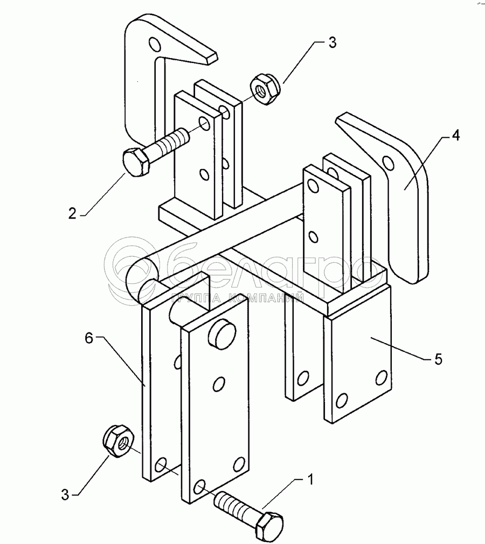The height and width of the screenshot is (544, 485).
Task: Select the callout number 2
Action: click(73, 213)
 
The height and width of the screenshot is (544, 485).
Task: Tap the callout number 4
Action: click(455, 136)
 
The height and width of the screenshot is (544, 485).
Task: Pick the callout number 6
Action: click(89, 338)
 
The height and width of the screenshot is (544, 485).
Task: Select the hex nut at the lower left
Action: click(118, 440)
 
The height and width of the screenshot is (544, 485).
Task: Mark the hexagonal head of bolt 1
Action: click(267, 527)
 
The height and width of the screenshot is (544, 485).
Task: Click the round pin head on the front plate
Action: click(220, 331)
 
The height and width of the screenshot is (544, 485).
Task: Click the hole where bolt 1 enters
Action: click(199, 487)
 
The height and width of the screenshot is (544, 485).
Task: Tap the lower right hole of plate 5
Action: click(382, 376)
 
